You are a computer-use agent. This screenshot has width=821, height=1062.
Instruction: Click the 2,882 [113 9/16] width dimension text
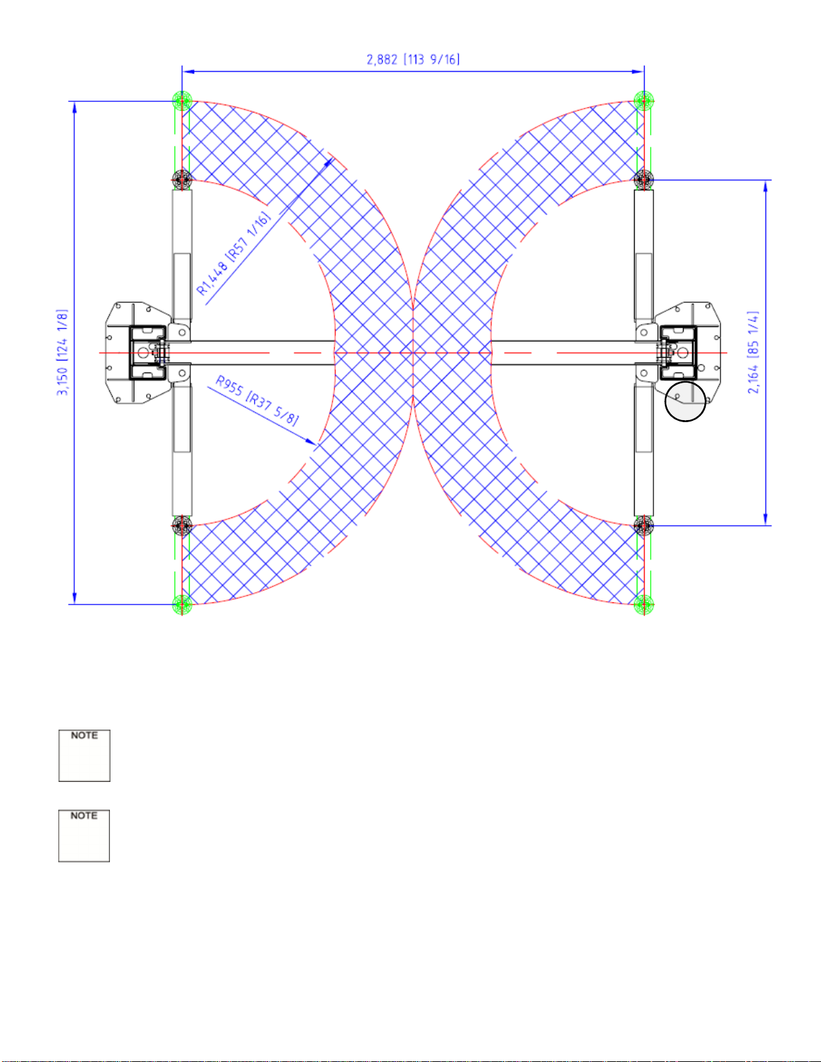pyautogui.click(x=413, y=60)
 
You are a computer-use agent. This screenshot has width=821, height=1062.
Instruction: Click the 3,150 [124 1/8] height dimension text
pyautogui.click(x=62, y=352)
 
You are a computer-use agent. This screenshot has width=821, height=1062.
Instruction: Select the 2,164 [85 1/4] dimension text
pyautogui.click(x=753, y=352)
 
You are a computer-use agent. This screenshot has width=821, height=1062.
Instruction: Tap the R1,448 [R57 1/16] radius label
pyautogui.click(x=234, y=253)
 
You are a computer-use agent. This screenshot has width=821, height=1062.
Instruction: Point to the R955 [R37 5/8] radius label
pyautogui.click(x=257, y=400)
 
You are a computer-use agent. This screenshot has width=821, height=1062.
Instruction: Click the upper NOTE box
pyautogui.click(x=84, y=756)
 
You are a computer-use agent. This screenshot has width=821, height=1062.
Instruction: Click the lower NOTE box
pyautogui.click(x=84, y=836)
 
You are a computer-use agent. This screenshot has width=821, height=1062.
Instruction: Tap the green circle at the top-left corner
pyautogui.click(x=182, y=101)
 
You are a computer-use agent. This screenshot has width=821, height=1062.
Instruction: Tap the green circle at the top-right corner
pyautogui.click(x=643, y=101)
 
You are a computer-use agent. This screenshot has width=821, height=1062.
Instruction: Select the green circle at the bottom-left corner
pyautogui.click(x=182, y=604)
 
